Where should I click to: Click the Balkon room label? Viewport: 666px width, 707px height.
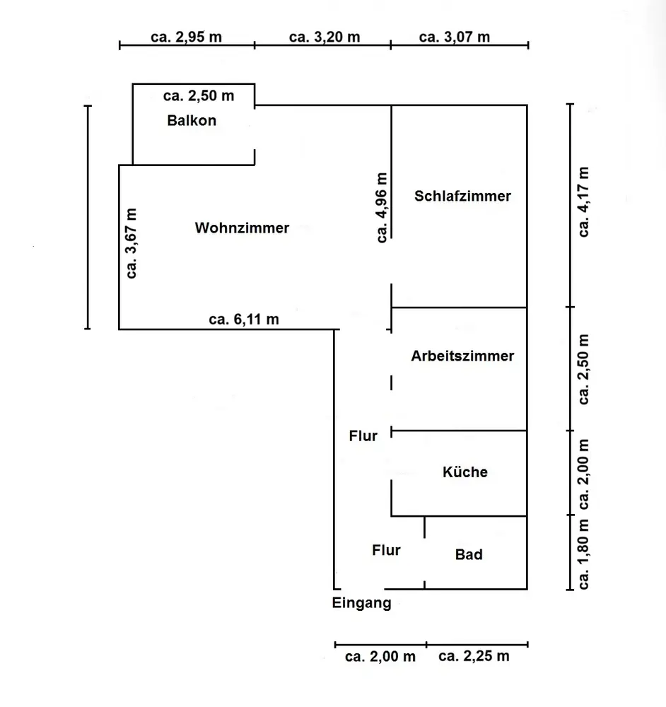coord(192,120)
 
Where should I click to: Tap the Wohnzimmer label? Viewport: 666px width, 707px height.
coord(243,228)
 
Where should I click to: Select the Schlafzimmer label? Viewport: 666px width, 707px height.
coord(462,196)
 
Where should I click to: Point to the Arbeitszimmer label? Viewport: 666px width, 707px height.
coord(462,356)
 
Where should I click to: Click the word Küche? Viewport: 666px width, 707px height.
coord(465,472)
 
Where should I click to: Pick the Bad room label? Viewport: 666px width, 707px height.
coord(469,554)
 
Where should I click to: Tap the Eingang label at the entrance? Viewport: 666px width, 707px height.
coord(361,603)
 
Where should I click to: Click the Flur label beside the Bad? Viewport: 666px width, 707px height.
coord(386,550)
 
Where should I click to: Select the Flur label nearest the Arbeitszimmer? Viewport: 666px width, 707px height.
coord(363,436)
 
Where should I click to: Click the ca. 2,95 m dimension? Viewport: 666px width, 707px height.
coord(186,37)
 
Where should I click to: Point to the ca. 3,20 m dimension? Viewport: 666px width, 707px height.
coord(325,37)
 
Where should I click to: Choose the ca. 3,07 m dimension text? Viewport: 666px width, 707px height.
coord(455,37)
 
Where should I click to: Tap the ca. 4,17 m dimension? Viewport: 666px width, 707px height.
coord(584,202)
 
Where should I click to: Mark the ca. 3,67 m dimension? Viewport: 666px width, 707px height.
coord(132,243)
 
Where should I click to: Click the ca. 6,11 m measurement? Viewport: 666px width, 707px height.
coord(244,319)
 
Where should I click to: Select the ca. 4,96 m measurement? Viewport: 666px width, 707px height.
coord(382,208)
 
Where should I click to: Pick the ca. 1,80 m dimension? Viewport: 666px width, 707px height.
coord(584,554)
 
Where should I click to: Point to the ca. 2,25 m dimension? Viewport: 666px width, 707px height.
coord(474,656)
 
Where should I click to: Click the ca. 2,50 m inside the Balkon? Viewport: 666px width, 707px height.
coord(199,95)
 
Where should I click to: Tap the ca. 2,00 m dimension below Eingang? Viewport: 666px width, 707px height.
coord(380,656)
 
